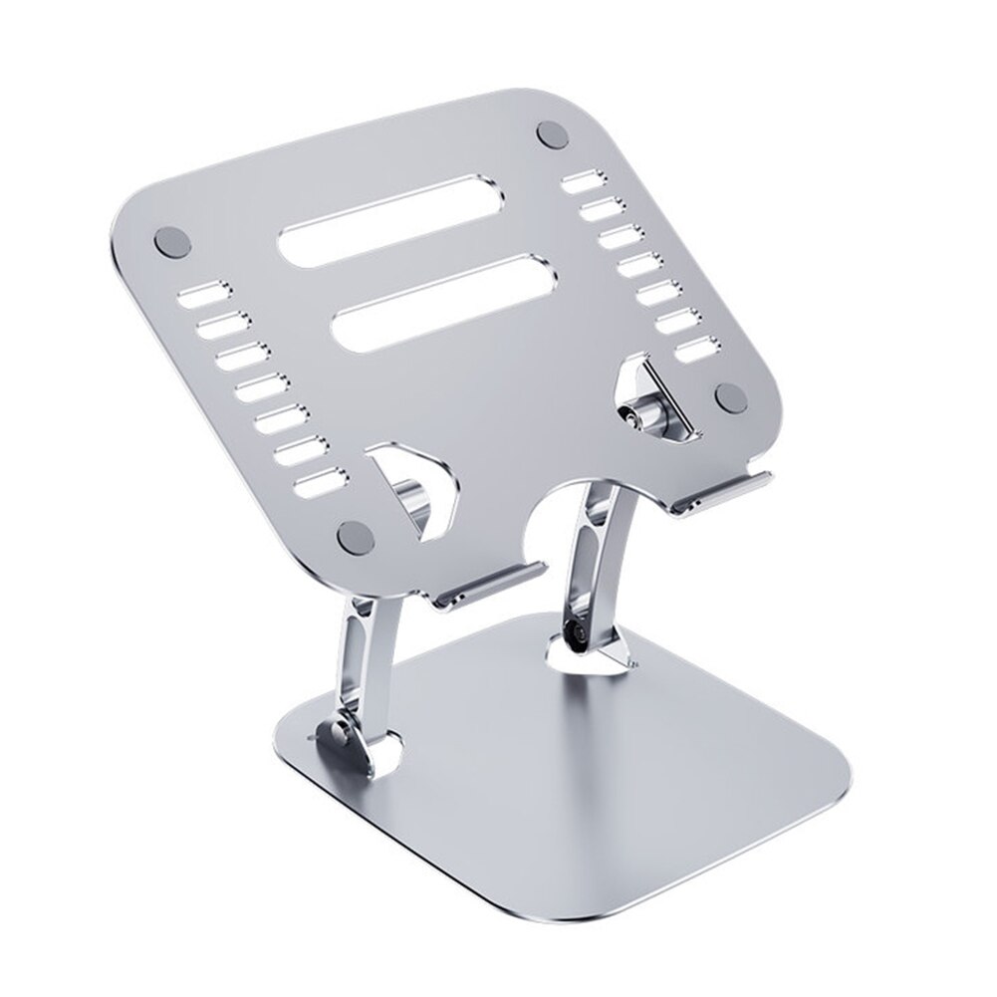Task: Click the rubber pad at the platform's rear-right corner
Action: point(552,134)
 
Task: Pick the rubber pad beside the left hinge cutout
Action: point(356,536)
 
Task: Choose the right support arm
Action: point(598,568)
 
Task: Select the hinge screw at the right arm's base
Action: point(576,630)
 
